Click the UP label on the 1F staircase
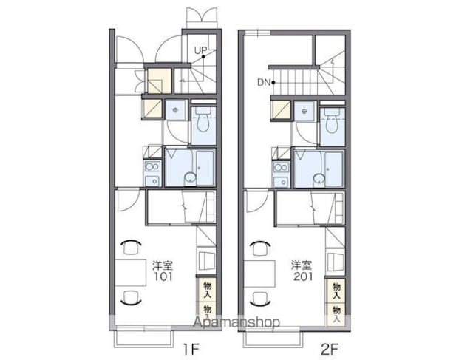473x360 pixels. point(200,51)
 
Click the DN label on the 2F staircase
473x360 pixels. point(264,82)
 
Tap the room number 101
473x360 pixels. point(163,276)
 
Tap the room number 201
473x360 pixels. point(303,276)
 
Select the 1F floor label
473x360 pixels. point(191,350)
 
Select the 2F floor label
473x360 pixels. point(330,350)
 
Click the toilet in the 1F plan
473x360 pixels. point(203,119)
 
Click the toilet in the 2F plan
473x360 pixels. point(332,120)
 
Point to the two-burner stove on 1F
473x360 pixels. point(153,166)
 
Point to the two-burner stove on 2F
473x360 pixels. point(282,167)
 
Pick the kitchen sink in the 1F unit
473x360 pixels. point(153,181)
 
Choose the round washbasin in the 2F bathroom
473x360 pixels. point(319,178)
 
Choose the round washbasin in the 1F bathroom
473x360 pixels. point(190,177)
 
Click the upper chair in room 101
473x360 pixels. point(132,247)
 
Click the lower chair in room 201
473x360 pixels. point(259,299)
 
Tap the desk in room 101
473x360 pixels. point(131,273)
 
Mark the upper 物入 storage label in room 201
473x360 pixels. point(336,291)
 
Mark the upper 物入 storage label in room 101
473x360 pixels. point(207,290)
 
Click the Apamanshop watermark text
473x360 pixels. point(236,322)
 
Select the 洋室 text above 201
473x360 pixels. point(302,265)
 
